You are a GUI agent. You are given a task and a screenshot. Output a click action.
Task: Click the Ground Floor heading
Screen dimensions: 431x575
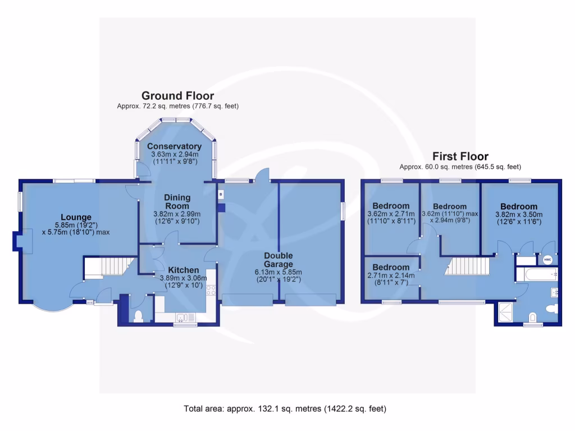pos(177,95)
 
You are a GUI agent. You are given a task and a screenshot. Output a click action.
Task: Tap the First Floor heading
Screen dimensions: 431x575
pos(460,156)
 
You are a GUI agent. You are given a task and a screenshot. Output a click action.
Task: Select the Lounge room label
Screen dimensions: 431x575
pos(76,217)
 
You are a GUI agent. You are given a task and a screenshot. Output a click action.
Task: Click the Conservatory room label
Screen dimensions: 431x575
pos(174,146)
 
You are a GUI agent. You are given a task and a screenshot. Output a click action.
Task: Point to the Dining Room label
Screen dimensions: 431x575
pos(177,201)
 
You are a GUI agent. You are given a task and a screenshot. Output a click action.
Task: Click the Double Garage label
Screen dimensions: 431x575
pos(279,260)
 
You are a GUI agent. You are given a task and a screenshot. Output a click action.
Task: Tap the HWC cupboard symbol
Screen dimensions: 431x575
pos(547,259)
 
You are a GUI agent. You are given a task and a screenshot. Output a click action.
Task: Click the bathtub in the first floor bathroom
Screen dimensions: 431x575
pos(536,276)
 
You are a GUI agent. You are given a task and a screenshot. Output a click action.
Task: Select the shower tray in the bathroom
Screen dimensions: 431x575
pos(505,312)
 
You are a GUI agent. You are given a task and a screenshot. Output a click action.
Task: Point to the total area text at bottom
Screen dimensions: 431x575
pos(285,409)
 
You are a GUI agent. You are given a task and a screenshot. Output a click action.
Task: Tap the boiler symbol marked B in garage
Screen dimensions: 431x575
pos(221,194)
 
